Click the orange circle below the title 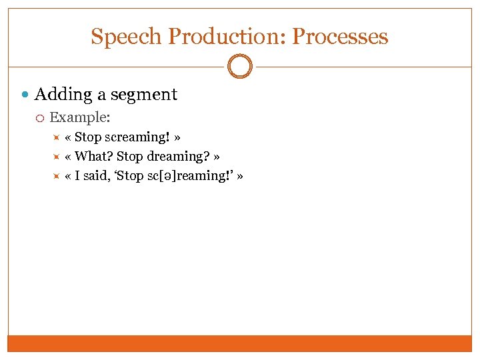click(240, 67)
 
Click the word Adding click(63, 95)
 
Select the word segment click(144, 95)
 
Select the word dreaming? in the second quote click(177, 157)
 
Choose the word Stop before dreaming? click(129, 157)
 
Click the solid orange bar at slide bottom click(240, 343)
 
